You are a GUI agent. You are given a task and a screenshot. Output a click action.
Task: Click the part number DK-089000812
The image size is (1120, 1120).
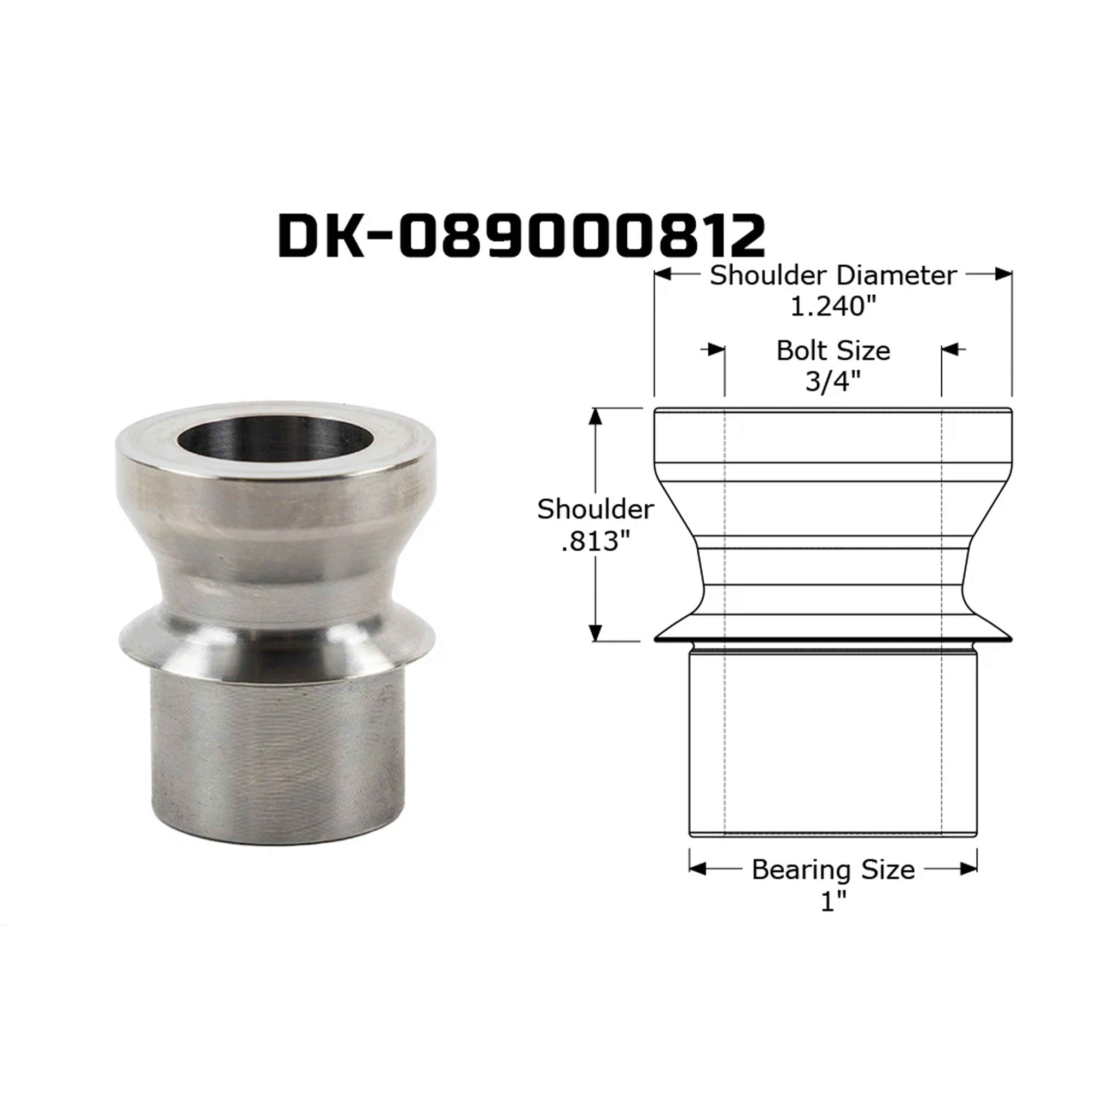[521, 236]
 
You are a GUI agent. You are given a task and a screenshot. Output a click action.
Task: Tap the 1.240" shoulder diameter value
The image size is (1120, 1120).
[832, 306]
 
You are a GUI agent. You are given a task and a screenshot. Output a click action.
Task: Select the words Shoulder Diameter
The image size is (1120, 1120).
[832, 276]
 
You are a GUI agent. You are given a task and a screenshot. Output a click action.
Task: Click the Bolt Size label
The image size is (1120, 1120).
[833, 351]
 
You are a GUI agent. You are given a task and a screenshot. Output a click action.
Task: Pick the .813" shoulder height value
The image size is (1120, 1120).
[595, 541]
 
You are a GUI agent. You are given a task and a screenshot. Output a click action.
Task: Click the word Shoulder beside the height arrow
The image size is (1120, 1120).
[595, 510]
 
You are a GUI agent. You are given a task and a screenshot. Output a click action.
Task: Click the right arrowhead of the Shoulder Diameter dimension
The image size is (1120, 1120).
[1004, 274]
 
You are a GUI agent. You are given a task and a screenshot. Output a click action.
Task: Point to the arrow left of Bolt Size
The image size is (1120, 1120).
[716, 349]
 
